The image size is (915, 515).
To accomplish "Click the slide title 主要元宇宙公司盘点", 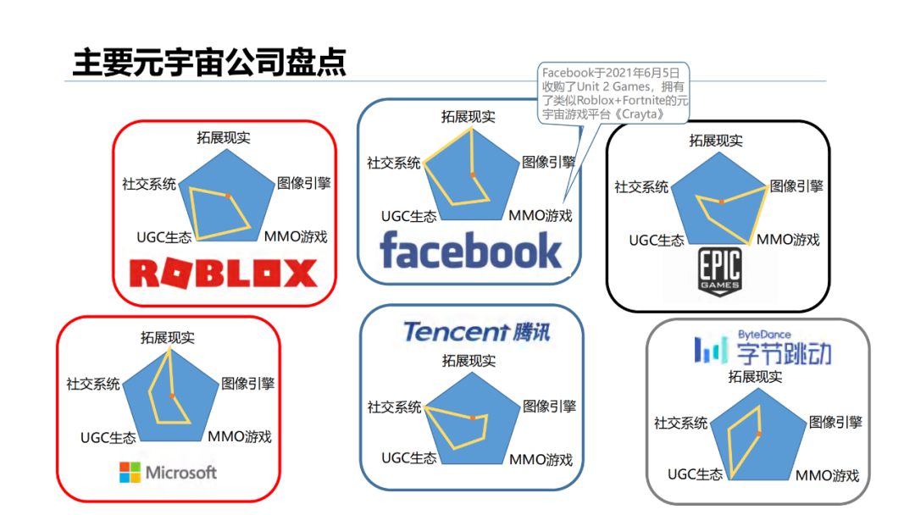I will [209, 63].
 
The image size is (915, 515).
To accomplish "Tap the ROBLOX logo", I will [224, 273].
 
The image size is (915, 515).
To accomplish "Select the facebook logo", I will [470, 250].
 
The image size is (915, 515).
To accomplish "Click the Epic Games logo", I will [719, 272].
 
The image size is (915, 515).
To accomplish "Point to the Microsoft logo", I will [169, 472].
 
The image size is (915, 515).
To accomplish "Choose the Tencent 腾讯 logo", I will [476, 331].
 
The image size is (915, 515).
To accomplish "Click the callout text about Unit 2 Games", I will [614, 93].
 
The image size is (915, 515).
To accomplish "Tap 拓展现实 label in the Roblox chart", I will [224, 137].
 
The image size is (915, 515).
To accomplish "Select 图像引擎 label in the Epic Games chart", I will [796, 186].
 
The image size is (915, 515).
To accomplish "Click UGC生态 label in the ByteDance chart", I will [696, 474].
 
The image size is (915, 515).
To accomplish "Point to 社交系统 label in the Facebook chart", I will [393, 163].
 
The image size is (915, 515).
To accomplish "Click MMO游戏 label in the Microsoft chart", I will [240, 437].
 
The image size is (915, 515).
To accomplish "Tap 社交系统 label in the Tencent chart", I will [394, 407].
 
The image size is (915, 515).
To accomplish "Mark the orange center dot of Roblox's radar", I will [228, 196].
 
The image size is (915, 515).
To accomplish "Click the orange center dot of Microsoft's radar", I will [172, 396].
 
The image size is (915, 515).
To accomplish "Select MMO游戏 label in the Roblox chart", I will [296, 236].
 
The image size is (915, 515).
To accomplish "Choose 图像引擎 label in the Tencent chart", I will [549, 407].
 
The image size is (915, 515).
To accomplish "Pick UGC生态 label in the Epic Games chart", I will [657, 240].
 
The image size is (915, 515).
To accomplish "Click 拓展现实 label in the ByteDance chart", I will [756, 376].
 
